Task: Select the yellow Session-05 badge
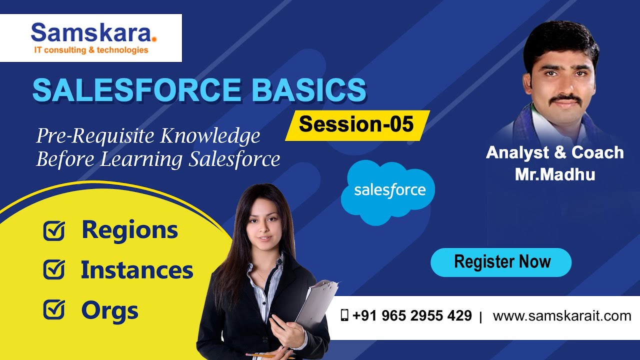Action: coord(356,124)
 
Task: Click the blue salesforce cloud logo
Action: coord(388,191)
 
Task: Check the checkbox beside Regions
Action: coord(54,230)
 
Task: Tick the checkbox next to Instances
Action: coord(54,270)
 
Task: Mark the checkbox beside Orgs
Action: coord(54,310)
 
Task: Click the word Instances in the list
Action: coord(137,270)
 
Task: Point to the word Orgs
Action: coord(109,310)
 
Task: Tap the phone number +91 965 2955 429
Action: coord(411,316)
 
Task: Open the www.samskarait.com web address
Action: coord(561,316)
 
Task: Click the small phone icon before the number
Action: coord(344,315)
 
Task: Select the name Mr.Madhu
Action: coord(554,174)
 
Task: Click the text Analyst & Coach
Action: coord(554,152)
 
